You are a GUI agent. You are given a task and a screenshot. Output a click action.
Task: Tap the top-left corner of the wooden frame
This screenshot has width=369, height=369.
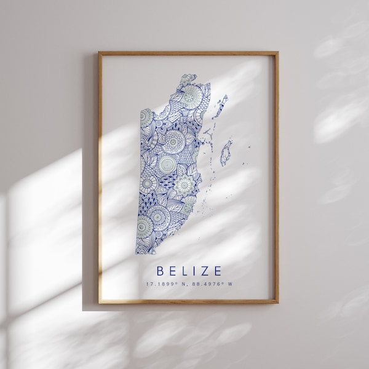pos(98,52)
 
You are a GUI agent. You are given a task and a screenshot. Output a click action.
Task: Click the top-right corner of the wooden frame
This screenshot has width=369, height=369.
pos(279,52)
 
